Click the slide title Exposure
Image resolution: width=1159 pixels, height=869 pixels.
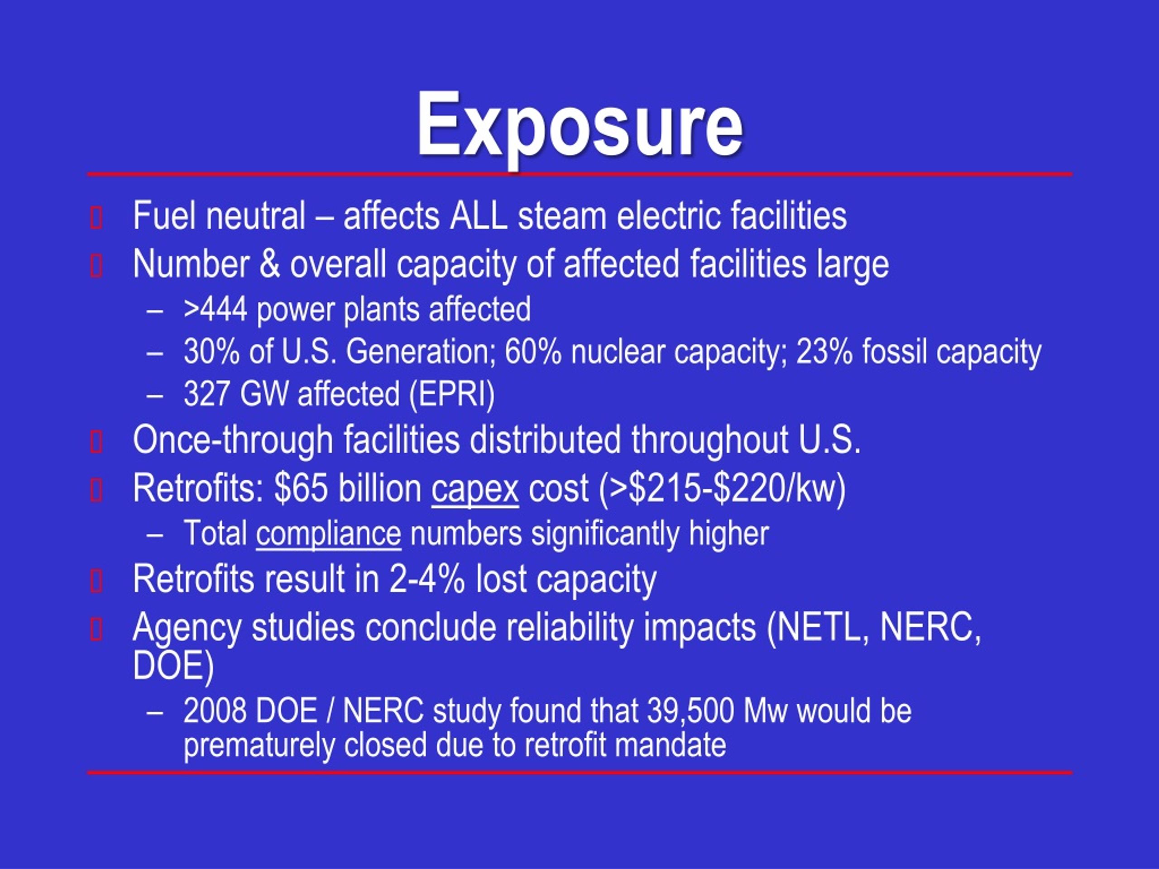point(579,126)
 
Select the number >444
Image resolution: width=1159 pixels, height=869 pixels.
point(216,309)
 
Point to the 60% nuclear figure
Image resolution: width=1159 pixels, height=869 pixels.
point(533,352)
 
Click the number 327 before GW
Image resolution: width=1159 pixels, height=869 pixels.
point(206,394)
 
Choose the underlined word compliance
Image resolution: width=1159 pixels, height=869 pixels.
point(329,533)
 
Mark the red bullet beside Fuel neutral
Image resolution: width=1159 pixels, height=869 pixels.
point(96,218)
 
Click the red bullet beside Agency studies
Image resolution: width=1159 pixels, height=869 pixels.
point(96,629)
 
